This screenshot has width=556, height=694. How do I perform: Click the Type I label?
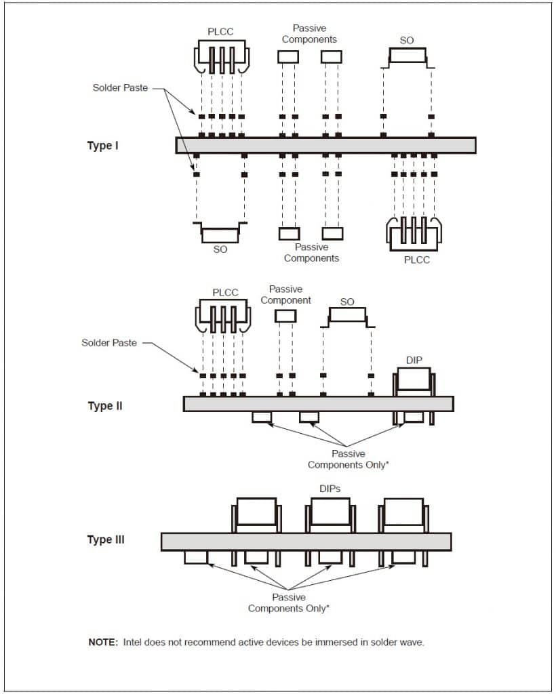pos(103,146)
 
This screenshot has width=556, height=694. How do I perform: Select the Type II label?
pos(105,406)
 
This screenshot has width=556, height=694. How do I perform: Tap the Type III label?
pos(106,539)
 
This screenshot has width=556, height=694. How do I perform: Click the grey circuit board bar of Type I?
pos(325,145)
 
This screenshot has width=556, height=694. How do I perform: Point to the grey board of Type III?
pos(306,542)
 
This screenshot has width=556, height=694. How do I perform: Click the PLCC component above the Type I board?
pos(221,58)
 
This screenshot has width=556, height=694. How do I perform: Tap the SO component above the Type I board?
pos(407,57)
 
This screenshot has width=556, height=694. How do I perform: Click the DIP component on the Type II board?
pos(414,381)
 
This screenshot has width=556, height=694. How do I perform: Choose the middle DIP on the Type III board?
pos(330,513)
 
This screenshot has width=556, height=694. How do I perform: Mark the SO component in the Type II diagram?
pos(346,317)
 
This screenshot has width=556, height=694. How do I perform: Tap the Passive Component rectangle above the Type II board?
pos(285,316)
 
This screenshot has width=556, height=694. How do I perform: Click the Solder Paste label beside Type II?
pos(109,343)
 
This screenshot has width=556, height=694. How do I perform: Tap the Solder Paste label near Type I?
pos(120,88)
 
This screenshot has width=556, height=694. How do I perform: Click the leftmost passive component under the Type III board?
pos(196,557)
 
